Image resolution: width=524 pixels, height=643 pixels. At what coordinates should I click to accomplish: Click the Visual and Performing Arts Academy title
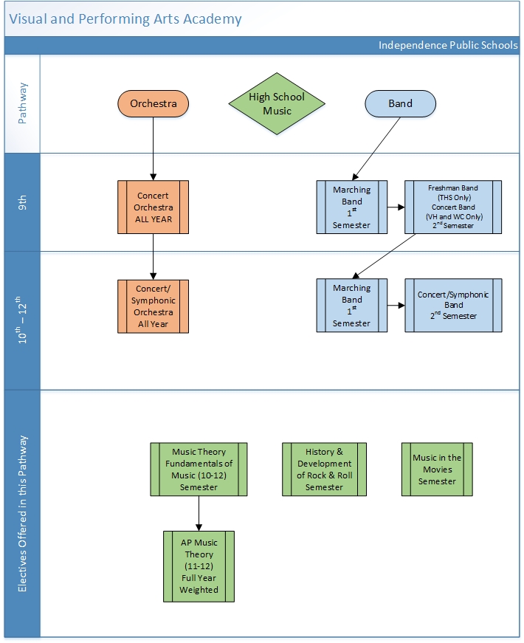point(125,19)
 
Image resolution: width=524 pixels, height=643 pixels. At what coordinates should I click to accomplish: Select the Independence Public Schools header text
point(448,45)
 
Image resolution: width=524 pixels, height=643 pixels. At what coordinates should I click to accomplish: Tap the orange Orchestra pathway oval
point(154,104)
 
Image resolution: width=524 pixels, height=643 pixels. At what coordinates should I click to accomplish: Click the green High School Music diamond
point(277,104)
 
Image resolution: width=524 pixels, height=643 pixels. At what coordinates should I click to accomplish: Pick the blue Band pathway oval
point(400,104)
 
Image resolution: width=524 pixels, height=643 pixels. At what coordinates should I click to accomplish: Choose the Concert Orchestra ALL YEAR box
point(153,207)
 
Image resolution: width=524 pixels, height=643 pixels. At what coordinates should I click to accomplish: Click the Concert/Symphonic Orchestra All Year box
point(153,306)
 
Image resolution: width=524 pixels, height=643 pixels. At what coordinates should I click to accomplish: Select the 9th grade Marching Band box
point(352,207)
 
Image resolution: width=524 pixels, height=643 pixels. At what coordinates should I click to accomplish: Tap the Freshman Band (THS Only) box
point(453,207)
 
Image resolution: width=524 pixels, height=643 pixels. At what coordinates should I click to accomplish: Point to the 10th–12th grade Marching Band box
point(352,306)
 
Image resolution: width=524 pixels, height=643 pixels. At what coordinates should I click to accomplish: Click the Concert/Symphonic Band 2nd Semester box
point(453,305)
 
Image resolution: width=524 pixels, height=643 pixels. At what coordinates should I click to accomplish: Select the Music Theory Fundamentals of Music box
point(199,470)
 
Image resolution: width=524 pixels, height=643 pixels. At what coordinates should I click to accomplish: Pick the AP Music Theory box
point(199,566)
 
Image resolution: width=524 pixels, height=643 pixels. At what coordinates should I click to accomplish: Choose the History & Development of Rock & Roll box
point(324,470)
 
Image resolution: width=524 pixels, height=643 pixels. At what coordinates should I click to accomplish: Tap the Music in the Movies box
point(437,470)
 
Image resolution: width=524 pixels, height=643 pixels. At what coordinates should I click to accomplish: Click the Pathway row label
point(22,103)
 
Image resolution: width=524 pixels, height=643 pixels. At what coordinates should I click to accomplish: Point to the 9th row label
point(22,202)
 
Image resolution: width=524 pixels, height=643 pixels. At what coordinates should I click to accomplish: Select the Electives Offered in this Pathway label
point(22,514)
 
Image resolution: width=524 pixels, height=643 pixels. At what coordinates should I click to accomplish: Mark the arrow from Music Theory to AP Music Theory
point(199,513)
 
